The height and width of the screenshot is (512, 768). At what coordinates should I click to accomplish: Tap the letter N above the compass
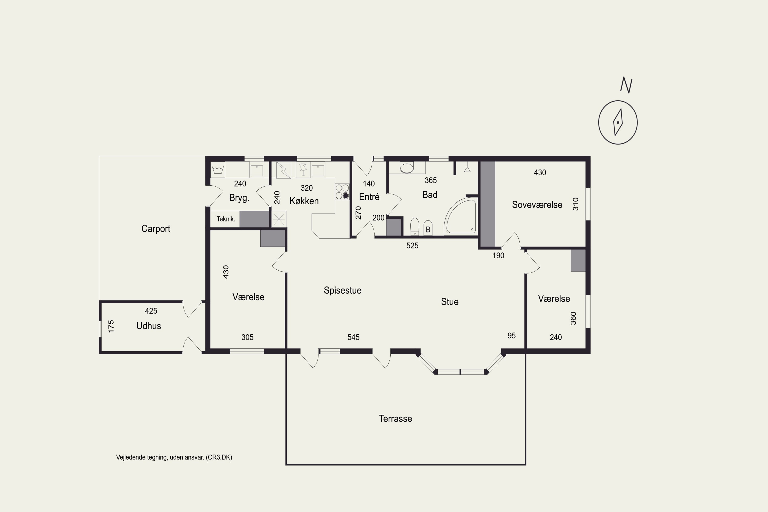pyautogui.click(x=626, y=85)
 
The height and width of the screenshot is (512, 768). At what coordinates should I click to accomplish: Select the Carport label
pyautogui.click(x=156, y=229)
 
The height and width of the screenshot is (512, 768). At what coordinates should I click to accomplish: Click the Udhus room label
pyautogui.click(x=148, y=326)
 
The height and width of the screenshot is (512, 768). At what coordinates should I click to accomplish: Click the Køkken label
pyautogui.click(x=304, y=200)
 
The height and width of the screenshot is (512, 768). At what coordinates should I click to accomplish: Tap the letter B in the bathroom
pyautogui.click(x=428, y=230)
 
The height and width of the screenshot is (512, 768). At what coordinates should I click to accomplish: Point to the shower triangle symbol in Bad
pyautogui.click(x=467, y=169)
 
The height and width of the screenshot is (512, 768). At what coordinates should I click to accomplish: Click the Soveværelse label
pyautogui.click(x=537, y=205)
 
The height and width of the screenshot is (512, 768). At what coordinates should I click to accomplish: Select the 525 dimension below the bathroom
pyautogui.click(x=412, y=246)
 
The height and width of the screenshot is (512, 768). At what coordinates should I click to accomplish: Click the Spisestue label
pyautogui.click(x=343, y=290)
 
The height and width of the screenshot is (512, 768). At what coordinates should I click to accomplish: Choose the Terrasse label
pyautogui.click(x=396, y=419)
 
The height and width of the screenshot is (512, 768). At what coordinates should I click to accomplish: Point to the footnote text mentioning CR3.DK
pyautogui.click(x=174, y=457)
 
